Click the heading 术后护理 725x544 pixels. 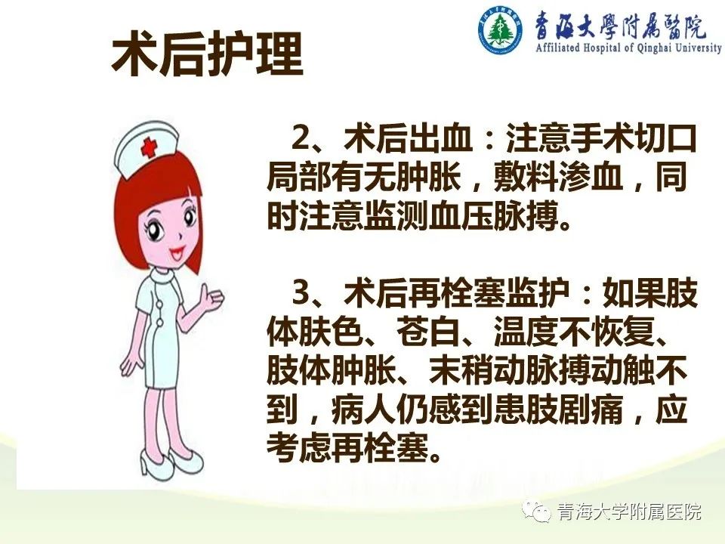click(x=207, y=54)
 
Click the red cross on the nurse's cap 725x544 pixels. click(x=149, y=147)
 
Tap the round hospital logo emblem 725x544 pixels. click(x=500, y=29)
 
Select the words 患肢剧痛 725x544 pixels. click(x=557, y=410)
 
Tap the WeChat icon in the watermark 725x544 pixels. click(x=536, y=512)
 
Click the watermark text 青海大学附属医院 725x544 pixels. click(x=629, y=512)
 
